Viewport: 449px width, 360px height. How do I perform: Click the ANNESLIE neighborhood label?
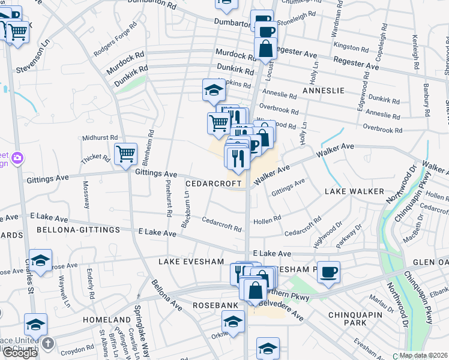[323, 90]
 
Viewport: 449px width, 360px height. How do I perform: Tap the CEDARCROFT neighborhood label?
[212, 183]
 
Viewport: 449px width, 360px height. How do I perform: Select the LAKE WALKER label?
[354, 191]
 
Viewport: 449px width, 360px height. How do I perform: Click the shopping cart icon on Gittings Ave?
[125, 154]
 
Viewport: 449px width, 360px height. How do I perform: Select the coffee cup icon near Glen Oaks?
[328, 272]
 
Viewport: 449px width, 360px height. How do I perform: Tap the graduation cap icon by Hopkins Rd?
[214, 90]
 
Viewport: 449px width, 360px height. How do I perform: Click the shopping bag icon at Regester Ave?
[265, 48]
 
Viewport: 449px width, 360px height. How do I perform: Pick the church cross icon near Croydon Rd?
[48, 343]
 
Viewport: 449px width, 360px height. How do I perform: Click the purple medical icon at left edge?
[19, 158]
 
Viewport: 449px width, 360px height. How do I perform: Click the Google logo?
[20, 353]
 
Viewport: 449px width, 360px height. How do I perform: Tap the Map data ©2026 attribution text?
[423, 355]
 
